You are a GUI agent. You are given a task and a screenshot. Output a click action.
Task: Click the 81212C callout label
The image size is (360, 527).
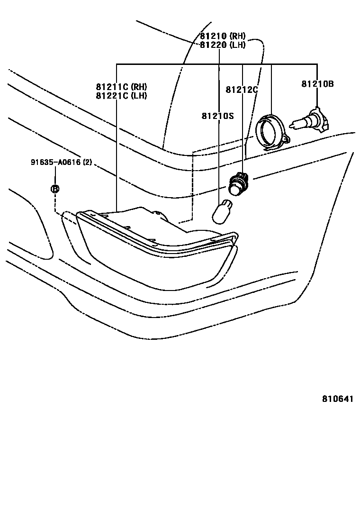(241, 89)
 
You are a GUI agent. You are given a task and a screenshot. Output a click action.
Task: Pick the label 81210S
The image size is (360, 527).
(217, 115)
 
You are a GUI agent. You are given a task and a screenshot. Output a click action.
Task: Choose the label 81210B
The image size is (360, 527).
(317, 84)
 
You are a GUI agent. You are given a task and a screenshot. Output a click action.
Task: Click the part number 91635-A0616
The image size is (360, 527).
(56, 163)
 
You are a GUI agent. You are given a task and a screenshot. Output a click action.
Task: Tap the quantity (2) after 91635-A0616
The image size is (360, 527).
(87, 163)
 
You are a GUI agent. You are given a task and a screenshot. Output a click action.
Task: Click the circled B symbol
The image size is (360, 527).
(55, 189)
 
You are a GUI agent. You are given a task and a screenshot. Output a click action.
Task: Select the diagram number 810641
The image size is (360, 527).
(338, 399)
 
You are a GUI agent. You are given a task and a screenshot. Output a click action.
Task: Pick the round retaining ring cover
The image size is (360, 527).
(270, 131)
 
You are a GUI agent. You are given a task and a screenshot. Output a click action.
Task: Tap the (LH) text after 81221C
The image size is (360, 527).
(139, 95)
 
